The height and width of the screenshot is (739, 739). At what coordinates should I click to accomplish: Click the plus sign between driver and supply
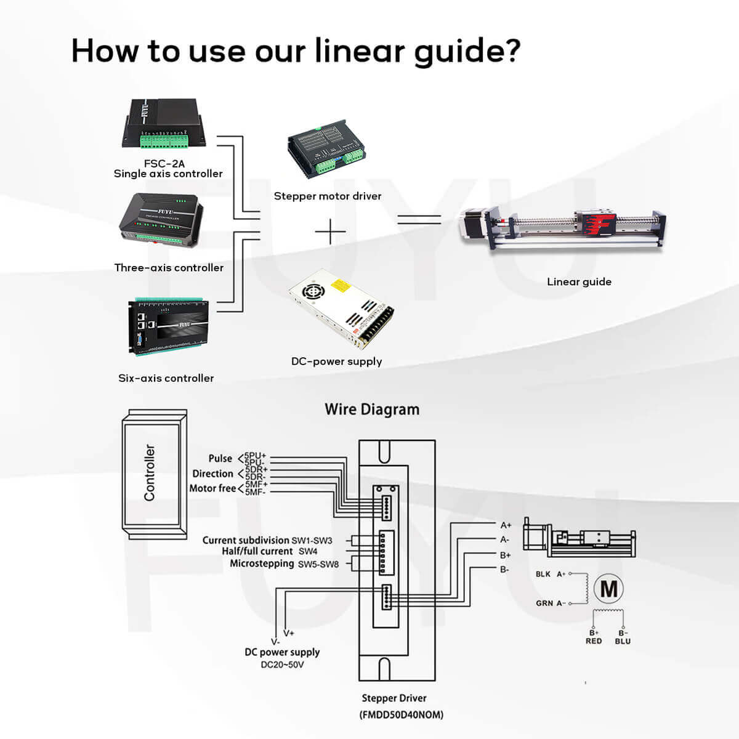coord(331,232)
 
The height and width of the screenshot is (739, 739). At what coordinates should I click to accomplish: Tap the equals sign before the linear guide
coord(419,220)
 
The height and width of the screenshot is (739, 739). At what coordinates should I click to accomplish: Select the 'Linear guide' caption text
coord(579,282)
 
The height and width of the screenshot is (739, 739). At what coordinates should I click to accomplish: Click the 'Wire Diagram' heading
coord(372,410)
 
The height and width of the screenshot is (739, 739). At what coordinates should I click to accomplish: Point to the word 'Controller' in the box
coord(150,472)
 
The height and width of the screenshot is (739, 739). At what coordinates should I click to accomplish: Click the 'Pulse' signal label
coord(220,458)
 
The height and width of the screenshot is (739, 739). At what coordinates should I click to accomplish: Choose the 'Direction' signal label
coord(212,474)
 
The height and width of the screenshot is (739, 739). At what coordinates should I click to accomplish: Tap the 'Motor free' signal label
coord(212,488)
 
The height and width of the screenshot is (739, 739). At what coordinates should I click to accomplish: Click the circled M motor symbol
coord(608,589)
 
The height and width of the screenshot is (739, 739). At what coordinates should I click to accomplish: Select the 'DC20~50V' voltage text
coord(282,664)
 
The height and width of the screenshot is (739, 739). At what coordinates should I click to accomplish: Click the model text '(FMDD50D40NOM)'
coord(401,714)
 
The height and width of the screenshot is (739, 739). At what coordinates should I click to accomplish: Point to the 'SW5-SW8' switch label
coord(318,563)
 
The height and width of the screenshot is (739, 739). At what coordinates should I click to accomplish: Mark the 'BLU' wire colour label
coord(623,641)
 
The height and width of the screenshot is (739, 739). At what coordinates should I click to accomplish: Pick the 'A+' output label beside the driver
coord(506,525)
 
